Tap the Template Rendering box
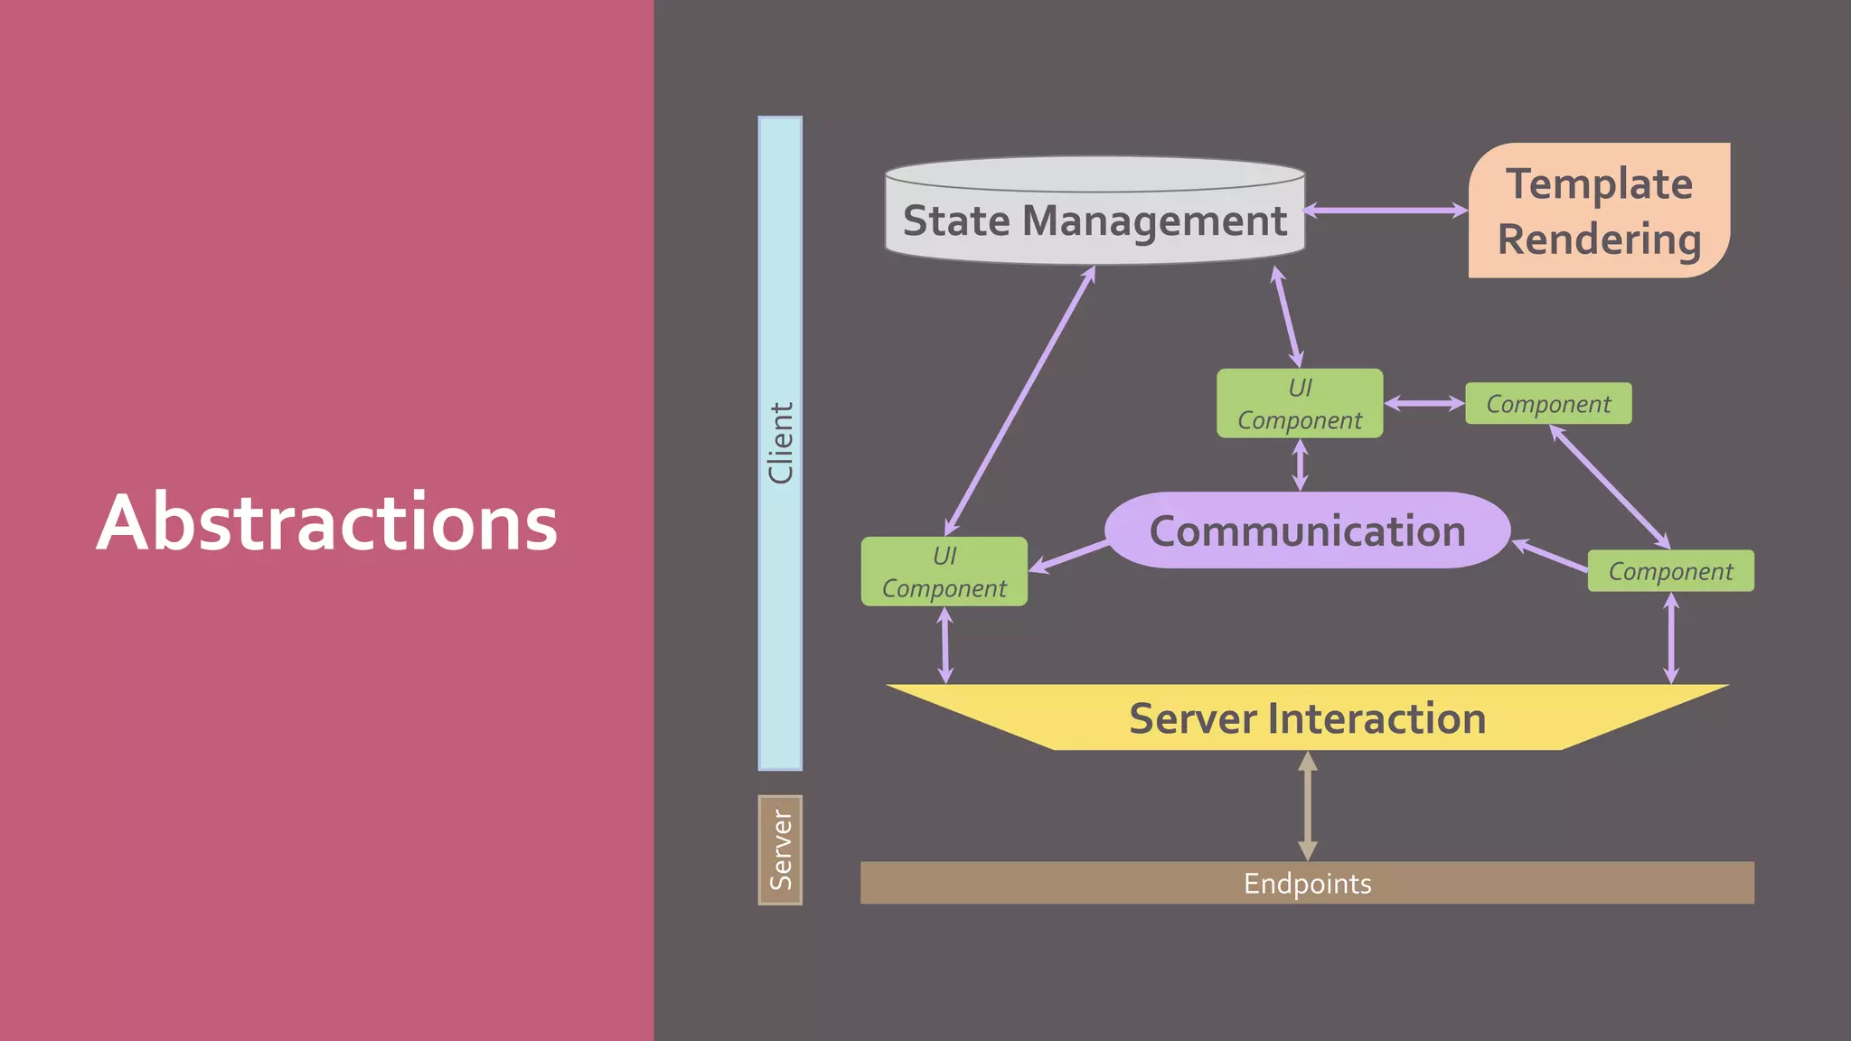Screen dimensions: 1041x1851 pos(1599,211)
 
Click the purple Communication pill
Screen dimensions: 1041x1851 pos(1307,530)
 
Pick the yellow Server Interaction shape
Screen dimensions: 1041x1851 pos(1307,718)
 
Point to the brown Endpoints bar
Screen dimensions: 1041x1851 pos(1307,883)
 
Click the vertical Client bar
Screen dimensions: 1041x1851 pos(780,443)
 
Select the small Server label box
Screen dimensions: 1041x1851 pos(780,849)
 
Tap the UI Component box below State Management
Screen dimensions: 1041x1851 pos(1300,403)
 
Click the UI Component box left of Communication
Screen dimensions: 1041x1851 pos(944,571)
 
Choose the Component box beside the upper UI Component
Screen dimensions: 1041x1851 pos(1548,403)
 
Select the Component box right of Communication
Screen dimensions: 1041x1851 pos(1670,571)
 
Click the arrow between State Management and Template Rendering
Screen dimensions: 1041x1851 pos(1386,211)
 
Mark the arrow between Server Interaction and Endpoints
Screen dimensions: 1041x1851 pos(1307,806)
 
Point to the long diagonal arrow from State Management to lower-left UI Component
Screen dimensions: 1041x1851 pos(1020,400)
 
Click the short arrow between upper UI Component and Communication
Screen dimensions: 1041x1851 pos(1300,465)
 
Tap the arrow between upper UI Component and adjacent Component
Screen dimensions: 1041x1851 pos(1424,403)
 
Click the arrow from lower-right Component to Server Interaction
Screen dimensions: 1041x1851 pos(1670,638)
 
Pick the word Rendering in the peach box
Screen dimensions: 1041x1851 pos(1599,239)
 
